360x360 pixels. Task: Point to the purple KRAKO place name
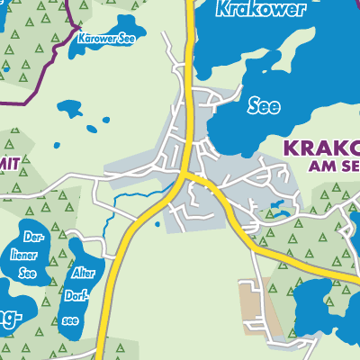point(319,148)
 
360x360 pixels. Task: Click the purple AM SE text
point(333,166)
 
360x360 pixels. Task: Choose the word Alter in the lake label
point(83,270)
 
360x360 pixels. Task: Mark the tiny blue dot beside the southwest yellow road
point(157,224)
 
